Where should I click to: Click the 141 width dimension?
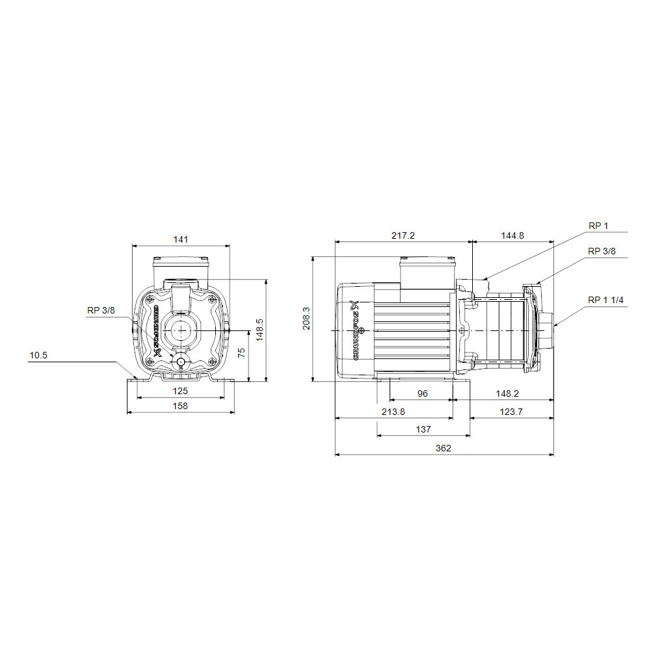181,239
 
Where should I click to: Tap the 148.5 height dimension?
260,330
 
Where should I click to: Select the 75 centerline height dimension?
241,353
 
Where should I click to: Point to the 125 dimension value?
180,391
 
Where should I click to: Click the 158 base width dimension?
180,406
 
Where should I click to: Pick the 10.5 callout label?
38,356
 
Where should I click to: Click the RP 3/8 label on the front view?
101,310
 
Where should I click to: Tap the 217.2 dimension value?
403,235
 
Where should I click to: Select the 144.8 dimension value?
513,235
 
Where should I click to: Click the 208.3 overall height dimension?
306,319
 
